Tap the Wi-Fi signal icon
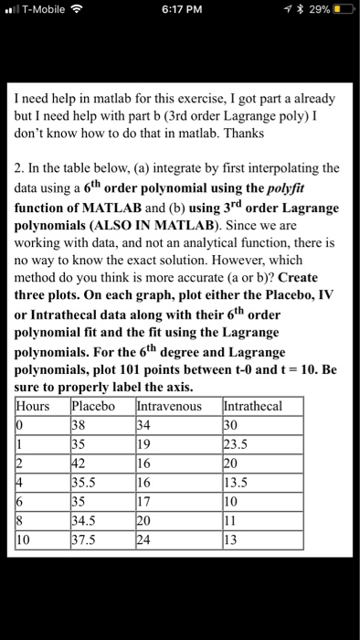[x=90, y=12]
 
